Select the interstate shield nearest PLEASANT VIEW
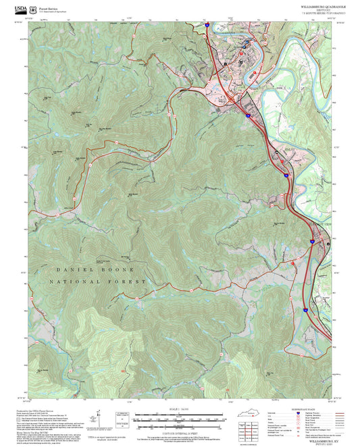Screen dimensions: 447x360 pyautogui.click(x=311, y=240)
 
